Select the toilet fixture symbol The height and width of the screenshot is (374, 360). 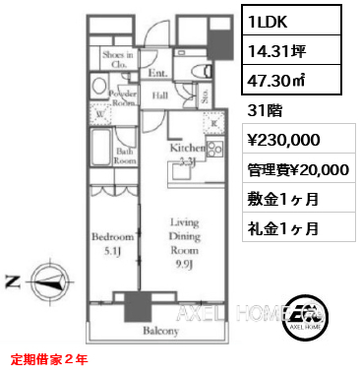pyautogui.click(x=197, y=70)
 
